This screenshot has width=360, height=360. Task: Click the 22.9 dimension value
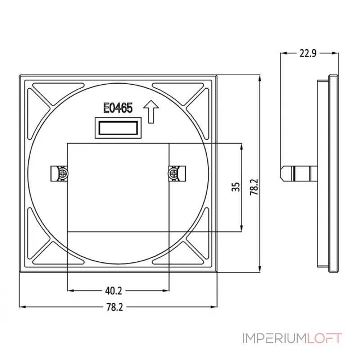point(308,53)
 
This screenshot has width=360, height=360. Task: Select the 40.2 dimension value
point(114,291)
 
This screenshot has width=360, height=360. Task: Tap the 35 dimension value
point(236,187)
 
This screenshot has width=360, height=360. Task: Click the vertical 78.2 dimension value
point(254,187)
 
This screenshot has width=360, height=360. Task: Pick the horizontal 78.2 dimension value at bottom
point(115,307)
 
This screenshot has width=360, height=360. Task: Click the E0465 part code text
point(118,108)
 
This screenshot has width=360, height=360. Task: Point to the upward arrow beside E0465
point(151,112)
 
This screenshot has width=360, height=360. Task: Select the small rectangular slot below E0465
point(118,128)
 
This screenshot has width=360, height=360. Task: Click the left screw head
point(63,173)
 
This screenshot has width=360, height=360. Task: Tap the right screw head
point(173,173)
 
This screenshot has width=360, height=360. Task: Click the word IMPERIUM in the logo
point(275,338)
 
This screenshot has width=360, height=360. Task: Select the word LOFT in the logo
point(324,338)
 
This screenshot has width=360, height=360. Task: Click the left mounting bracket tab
point(59,174)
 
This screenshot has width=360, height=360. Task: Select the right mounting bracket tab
point(177,174)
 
